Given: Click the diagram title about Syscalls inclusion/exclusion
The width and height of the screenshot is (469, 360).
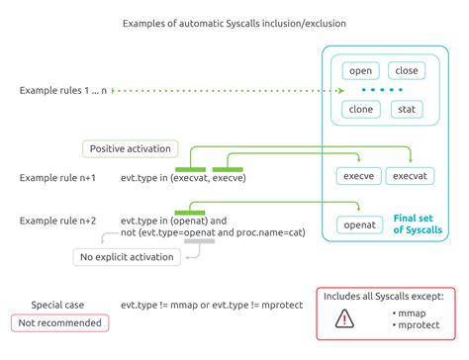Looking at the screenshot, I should pos(234,22).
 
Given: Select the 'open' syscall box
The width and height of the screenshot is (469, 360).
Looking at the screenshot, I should pos(360,71).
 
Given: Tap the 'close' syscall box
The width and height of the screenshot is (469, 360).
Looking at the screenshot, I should pos(407,71).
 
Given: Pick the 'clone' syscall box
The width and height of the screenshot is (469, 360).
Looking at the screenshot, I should pos(361,110).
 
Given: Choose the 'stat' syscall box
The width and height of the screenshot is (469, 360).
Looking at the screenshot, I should pos(407,110).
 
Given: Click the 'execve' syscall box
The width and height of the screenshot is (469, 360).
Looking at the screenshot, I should pos(358,176).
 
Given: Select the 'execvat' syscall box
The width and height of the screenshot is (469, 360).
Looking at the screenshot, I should pos(408,176).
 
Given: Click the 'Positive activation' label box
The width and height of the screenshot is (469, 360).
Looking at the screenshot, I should pos(130,149).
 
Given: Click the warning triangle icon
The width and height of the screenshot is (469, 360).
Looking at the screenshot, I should pos(344,317).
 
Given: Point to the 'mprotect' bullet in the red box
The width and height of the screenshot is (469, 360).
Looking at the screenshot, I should pos(416,324).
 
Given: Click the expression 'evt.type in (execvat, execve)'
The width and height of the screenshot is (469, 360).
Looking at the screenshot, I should pos(183,178).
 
